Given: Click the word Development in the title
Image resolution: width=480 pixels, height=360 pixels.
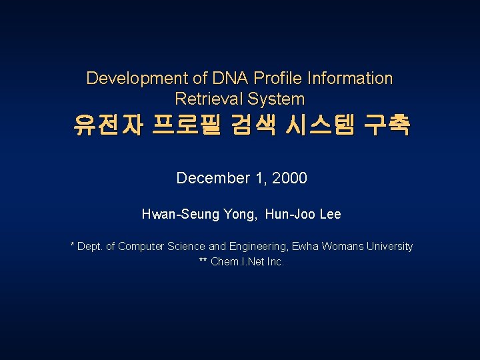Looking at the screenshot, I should pyautogui.click(x=129, y=79).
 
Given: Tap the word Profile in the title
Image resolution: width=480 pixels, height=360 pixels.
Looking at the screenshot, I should pyautogui.click(x=267, y=79).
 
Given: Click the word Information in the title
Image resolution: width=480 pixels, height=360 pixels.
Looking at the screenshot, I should pyautogui.click(x=349, y=79).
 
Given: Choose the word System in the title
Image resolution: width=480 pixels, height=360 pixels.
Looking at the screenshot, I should pyautogui.click(x=276, y=99).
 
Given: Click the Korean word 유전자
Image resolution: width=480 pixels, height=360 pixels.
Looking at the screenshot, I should pyautogui.click(x=108, y=125).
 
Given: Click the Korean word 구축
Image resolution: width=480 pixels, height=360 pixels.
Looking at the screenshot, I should pyautogui.click(x=388, y=125).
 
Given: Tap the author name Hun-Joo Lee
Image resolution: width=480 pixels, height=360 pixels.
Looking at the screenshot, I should pyautogui.click(x=303, y=215).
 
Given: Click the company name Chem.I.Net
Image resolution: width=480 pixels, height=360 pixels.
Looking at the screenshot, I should pyautogui.click(x=237, y=262).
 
